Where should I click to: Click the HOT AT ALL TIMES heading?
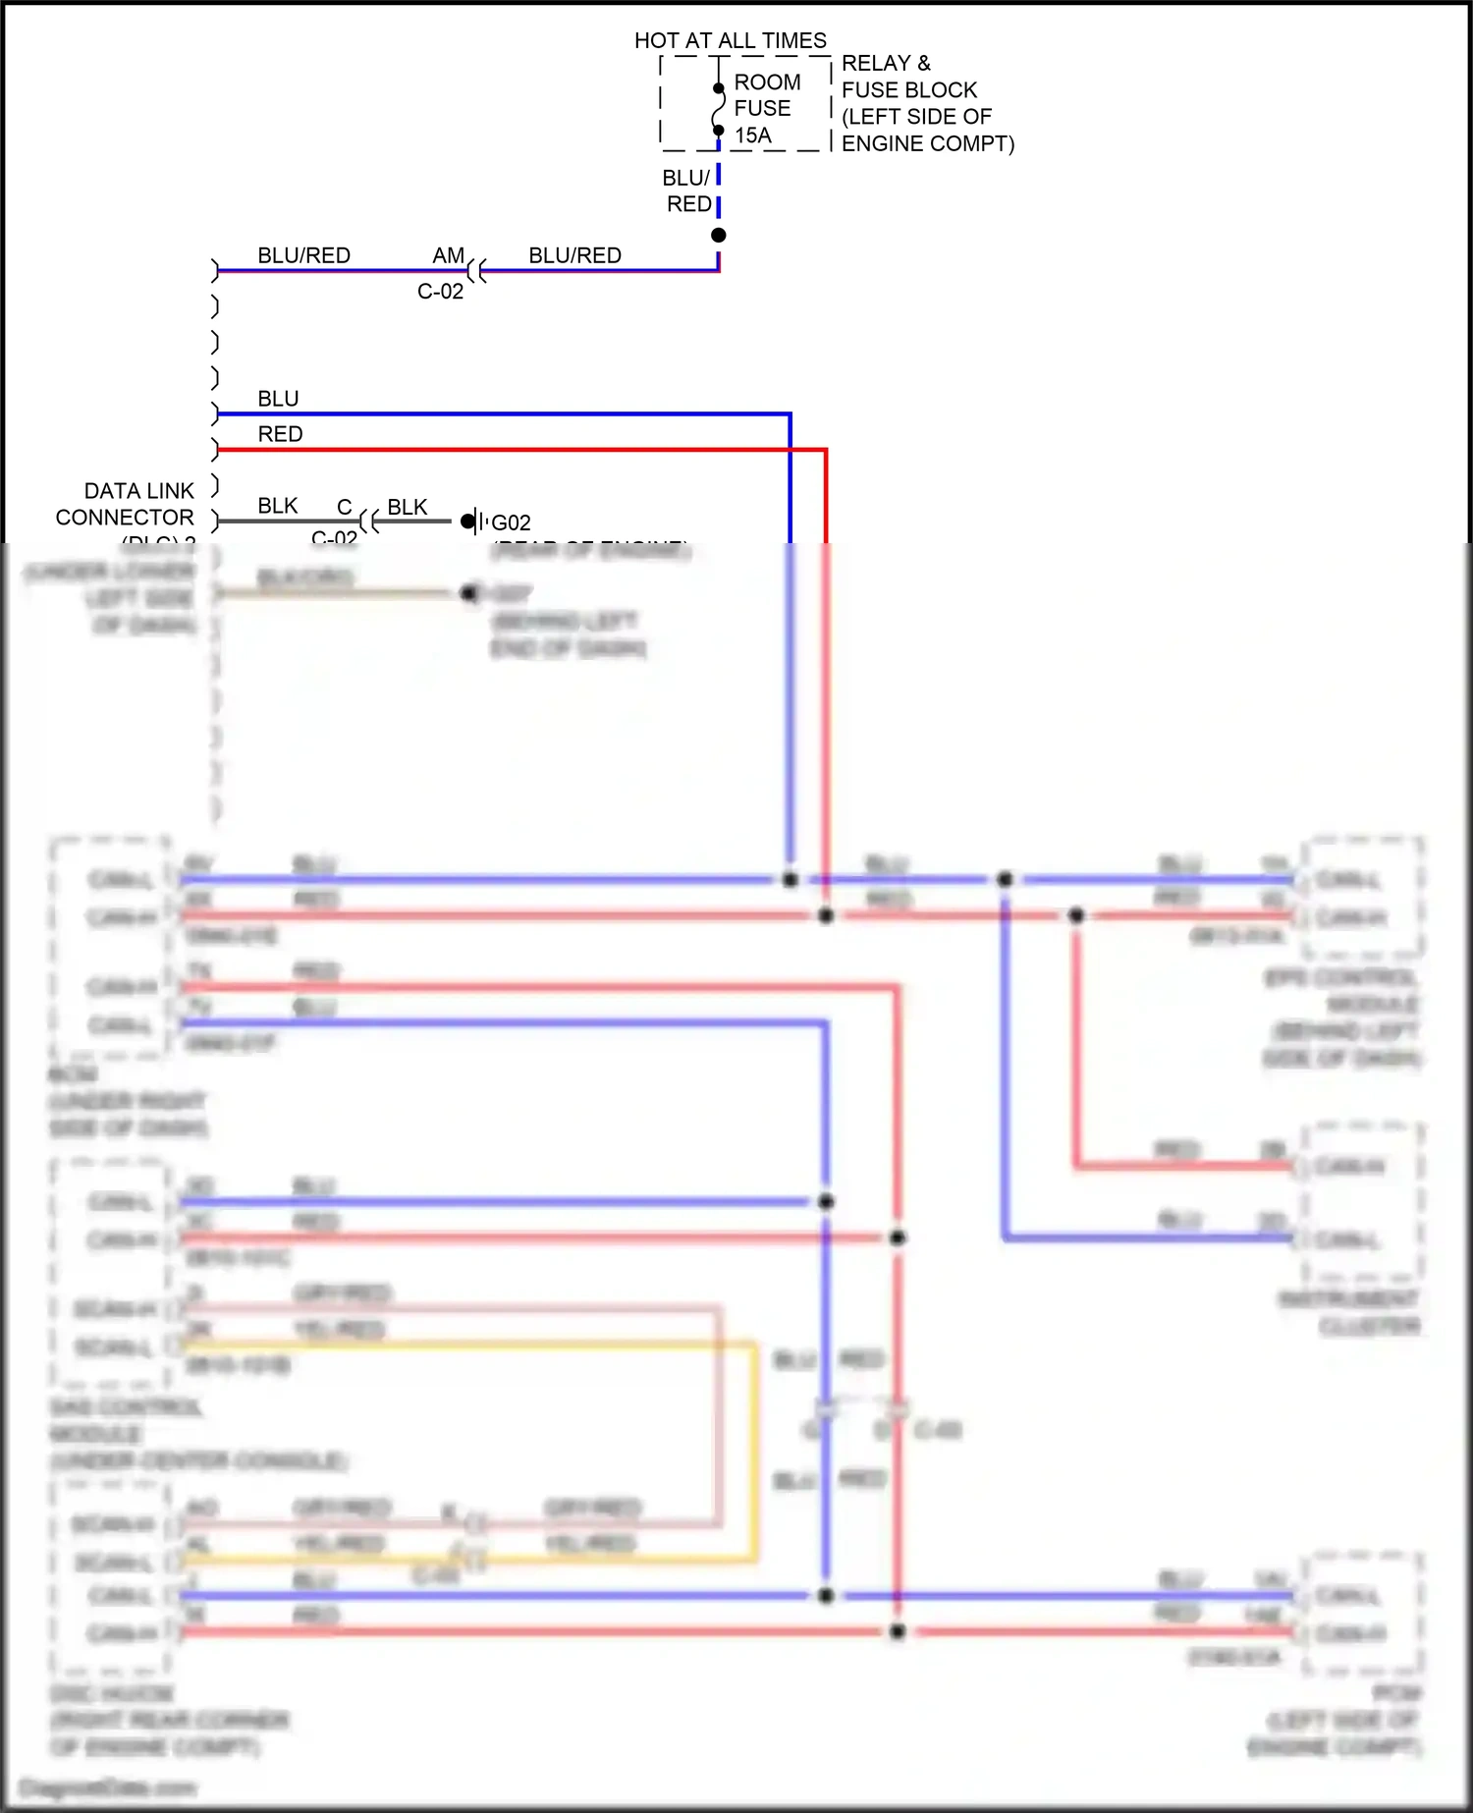(x=730, y=40)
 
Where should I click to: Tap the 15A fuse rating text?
(x=753, y=136)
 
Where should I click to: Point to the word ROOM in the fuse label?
(x=767, y=82)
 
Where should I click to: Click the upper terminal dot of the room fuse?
(x=719, y=88)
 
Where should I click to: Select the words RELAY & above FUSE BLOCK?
(x=886, y=63)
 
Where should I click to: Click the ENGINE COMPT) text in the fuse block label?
(x=927, y=143)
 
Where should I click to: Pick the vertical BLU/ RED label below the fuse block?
(x=687, y=191)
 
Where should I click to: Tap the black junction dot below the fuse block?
(x=719, y=235)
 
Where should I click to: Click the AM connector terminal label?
(x=448, y=255)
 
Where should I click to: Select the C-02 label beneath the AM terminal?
(x=440, y=292)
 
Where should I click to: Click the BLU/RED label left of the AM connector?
(x=303, y=255)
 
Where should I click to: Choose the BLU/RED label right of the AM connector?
(x=574, y=255)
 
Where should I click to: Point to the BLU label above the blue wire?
(x=278, y=399)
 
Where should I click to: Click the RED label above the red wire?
(x=280, y=434)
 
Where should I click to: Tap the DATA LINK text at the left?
(x=139, y=490)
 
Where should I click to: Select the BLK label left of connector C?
(x=277, y=506)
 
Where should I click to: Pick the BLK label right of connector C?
(x=407, y=507)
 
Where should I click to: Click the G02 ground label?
(x=511, y=522)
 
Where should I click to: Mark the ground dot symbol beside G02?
(x=468, y=521)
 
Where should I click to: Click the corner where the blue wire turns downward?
(x=790, y=414)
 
